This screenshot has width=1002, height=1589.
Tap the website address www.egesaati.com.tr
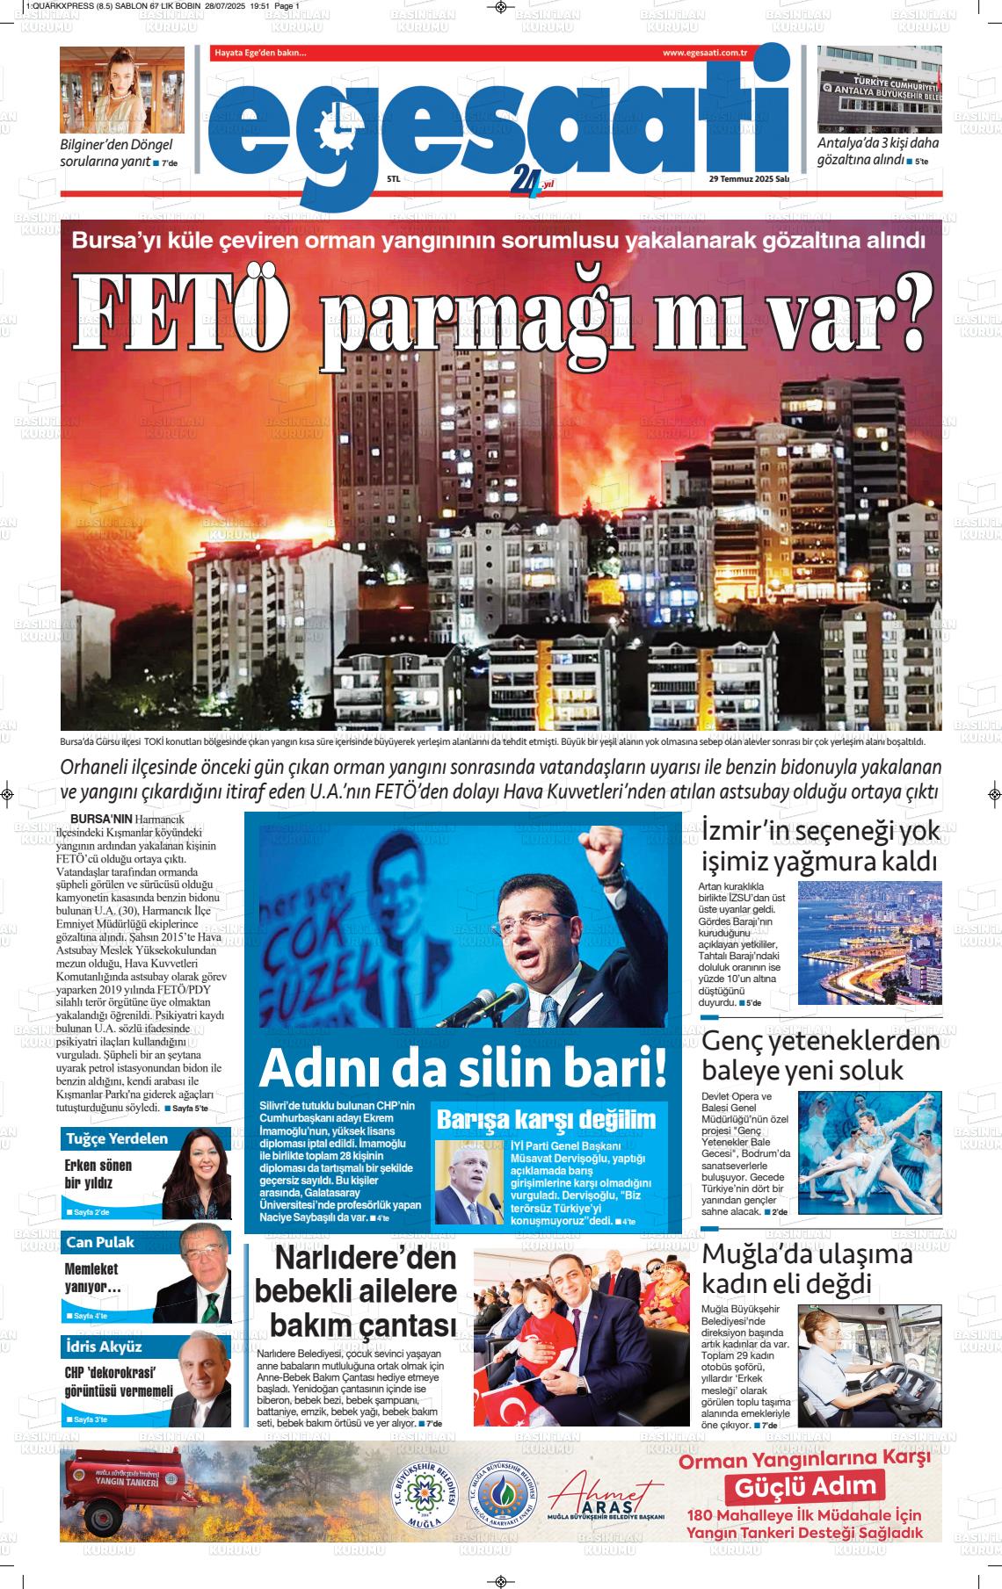pos(704,54)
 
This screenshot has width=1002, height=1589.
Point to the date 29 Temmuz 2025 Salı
pos(749,179)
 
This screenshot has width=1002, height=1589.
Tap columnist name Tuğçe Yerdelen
pos(116,1138)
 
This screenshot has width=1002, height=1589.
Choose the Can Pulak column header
pos(100,1242)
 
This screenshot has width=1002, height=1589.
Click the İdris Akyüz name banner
pos(104,1346)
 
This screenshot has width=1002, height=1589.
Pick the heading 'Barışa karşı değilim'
pos(547,1120)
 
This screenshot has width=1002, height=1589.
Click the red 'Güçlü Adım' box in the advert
pos(805,1486)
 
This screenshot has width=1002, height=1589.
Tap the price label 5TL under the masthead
pos(393,179)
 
